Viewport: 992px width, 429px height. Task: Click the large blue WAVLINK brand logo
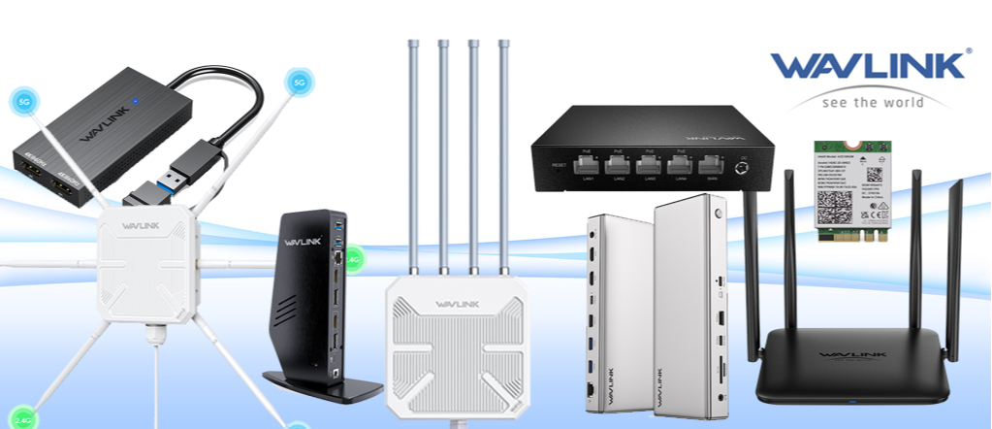[x=870, y=66]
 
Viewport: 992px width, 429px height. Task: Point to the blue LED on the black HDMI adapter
[x=137, y=100]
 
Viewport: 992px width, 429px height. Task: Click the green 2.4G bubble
[x=352, y=259]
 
